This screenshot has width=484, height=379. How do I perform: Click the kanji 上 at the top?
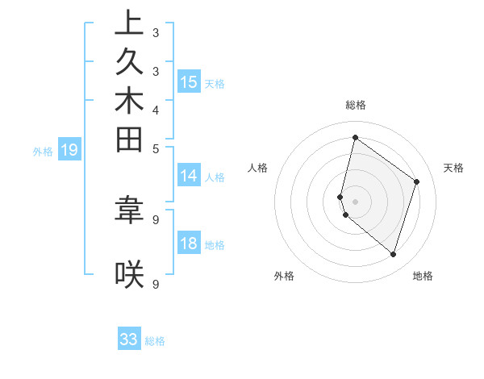pos(130,23)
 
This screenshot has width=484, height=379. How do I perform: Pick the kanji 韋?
pos(130,209)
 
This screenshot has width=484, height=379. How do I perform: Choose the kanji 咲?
pos(130,275)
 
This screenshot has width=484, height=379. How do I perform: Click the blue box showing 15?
pos(189,81)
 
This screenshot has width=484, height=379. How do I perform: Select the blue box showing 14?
pos(189,176)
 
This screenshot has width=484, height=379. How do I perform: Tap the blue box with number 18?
pos(189,244)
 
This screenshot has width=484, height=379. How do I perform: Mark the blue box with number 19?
pos(69,149)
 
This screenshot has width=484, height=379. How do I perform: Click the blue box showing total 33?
pos(129,339)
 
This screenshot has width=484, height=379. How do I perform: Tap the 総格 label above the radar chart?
pos(356,105)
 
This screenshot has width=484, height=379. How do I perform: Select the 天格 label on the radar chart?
pos(453,168)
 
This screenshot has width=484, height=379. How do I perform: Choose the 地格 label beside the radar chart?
pos(423,277)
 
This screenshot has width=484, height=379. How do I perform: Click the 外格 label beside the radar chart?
pos(284,277)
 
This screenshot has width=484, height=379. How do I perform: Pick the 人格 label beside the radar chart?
pos(258,168)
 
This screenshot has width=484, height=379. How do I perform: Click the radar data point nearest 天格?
pos(417,181)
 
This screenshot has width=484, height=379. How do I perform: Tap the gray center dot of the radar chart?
pos(356,201)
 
